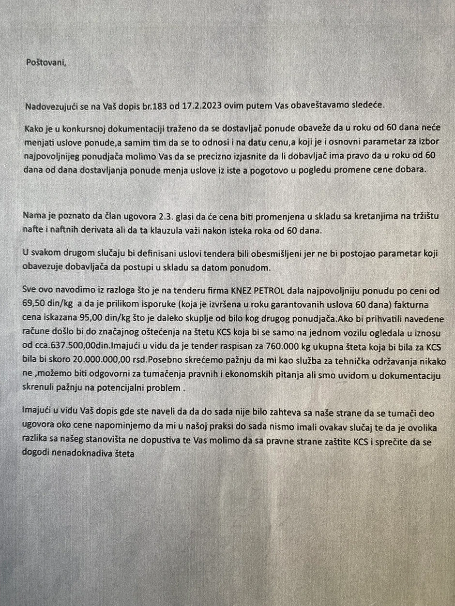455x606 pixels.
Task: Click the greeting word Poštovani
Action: pyautogui.click(x=46, y=62)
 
